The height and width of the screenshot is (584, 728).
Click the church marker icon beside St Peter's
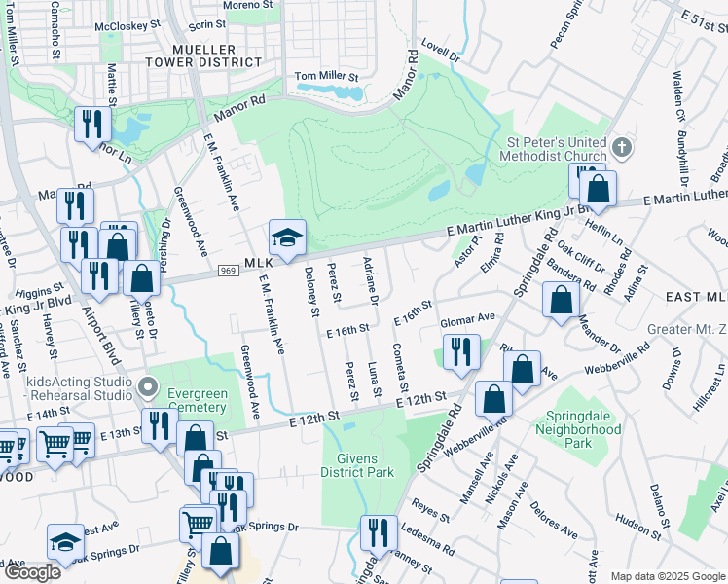(x=622, y=149)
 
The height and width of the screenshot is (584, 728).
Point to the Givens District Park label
(x=357, y=465)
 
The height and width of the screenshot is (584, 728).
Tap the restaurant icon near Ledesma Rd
(x=378, y=532)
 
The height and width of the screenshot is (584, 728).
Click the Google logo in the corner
(x=33, y=572)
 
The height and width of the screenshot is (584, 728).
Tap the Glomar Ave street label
(x=468, y=317)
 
